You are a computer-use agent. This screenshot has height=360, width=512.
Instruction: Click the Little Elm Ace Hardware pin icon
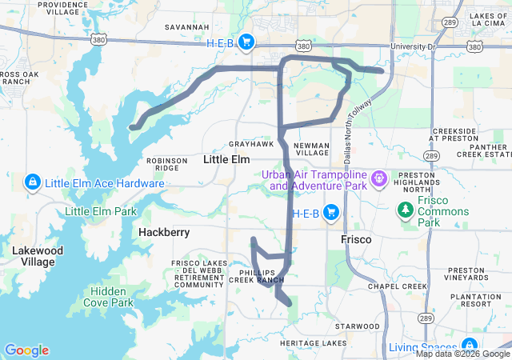tap(33, 183)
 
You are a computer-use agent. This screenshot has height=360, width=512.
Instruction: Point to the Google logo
tap(26, 350)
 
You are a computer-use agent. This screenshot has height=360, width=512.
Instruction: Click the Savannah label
tap(186, 26)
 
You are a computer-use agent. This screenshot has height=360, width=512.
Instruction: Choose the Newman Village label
tap(312, 148)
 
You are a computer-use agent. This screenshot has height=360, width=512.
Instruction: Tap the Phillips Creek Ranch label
tap(257, 275)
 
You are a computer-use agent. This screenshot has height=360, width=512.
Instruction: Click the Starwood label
tap(358, 326)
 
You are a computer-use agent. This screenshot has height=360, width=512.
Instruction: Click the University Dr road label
tap(412, 46)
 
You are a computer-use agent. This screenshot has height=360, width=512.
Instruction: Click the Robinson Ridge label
tap(167, 164)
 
